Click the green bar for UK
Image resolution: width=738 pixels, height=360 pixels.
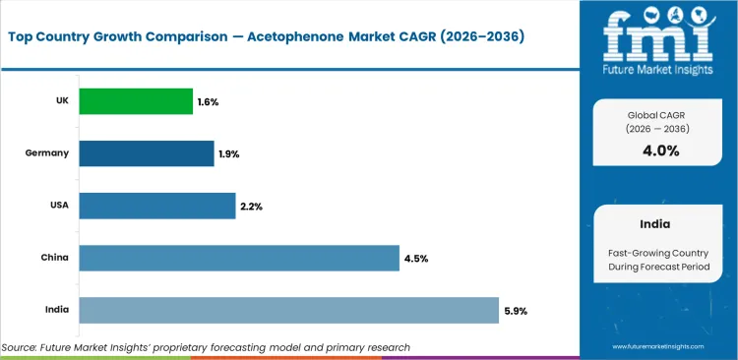(136, 100)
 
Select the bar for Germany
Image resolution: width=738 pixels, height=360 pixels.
(146, 153)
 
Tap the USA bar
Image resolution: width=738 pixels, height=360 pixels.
(156, 206)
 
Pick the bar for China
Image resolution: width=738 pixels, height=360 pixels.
(239, 258)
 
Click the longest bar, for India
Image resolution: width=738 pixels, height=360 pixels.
(288, 311)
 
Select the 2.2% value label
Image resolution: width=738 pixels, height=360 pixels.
(251, 207)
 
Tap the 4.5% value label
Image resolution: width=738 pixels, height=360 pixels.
(415, 259)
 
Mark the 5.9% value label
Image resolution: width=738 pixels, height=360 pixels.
(515, 312)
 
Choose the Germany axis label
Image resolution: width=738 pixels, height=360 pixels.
(47, 153)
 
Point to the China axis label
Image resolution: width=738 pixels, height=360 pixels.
(53, 259)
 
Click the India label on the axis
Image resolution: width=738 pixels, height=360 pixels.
(55, 311)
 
